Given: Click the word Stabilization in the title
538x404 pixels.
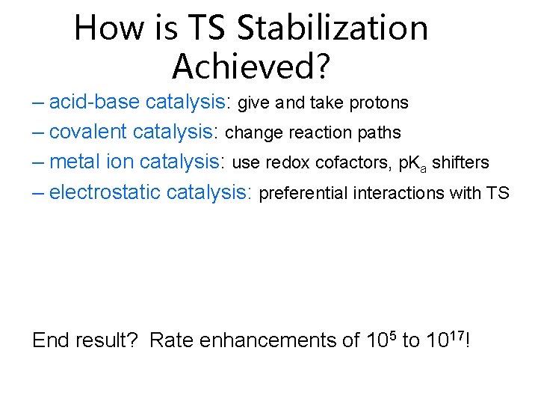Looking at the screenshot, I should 333,28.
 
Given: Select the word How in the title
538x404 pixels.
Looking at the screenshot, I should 106,28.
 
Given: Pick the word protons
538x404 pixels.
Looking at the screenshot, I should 379,102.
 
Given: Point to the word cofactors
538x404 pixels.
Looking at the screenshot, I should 350,162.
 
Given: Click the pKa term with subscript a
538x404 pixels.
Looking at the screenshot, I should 406,163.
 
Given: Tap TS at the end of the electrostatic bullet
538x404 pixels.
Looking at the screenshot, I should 497,193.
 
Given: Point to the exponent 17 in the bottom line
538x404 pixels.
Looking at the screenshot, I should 454,334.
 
